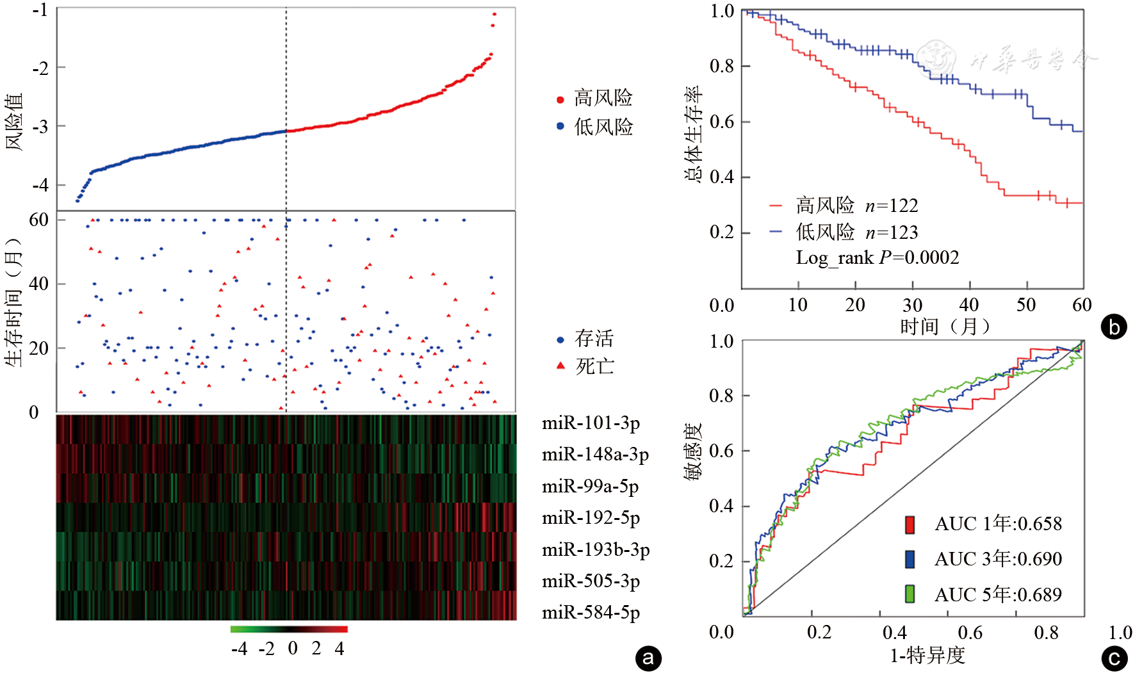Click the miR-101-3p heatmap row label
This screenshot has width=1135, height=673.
tap(590, 423)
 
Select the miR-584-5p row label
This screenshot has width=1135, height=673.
tap(590, 613)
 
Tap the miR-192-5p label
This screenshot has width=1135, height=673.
tap(590, 517)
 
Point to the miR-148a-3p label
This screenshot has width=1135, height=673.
tap(594, 455)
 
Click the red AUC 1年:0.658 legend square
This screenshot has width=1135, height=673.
tap(910, 524)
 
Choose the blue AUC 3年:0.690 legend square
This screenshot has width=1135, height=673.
tap(910, 559)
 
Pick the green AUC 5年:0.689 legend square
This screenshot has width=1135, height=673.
tap(910, 594)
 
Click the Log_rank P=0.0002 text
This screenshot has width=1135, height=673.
tap(877, 258)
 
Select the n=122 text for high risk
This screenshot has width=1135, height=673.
tap(891, 206)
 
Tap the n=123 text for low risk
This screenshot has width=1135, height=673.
tap(891, 232)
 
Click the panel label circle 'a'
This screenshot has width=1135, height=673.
tap(648, 658)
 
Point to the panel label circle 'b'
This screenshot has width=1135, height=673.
tap(1113, 327)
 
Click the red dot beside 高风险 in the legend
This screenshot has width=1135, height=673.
tap(560, 99)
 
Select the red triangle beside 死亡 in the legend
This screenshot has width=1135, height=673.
tap(561, 366)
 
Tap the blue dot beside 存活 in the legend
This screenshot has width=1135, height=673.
tap(560, 339)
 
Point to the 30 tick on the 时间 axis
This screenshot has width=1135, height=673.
tap(912, 305)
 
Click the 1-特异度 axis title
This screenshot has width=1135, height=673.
tap(927, 656)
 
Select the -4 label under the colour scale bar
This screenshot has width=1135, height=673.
tap(239, 649)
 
